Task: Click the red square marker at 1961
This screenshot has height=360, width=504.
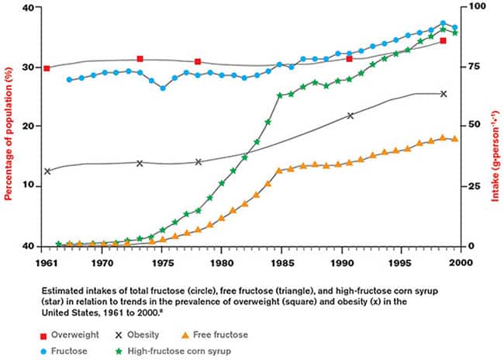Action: click(47, 68)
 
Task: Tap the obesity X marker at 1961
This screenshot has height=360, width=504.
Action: click(47, 171)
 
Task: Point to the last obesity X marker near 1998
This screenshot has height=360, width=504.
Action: click(444, 94)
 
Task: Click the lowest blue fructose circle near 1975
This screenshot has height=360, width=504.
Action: click(163, 88)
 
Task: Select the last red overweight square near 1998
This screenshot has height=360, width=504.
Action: click(443, 40)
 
